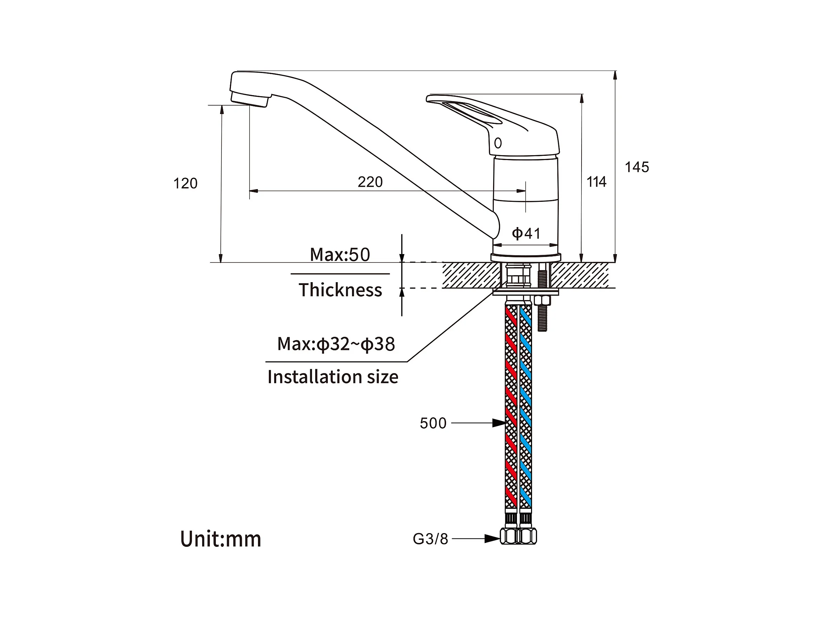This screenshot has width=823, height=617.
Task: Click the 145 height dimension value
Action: coord(637,167)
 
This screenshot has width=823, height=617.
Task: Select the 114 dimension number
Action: coord(596,182)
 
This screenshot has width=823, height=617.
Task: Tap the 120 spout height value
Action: coord(185,184)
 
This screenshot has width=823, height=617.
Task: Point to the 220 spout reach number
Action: coord(370,182)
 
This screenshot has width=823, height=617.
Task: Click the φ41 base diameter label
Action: coord(526,233)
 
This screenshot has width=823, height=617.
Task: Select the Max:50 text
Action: coord(340,255)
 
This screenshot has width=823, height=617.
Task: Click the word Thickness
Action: coord(340,290)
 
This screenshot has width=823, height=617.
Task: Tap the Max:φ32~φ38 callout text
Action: coord(336,344)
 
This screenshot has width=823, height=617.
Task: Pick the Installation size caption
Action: coord(333,377)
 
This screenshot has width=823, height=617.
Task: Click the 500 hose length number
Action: coord(433,424)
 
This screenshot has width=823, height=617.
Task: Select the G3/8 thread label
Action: coord(431,539)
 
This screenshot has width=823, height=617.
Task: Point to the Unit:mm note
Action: coord(221,539)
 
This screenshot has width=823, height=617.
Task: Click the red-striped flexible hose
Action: coord(511,407)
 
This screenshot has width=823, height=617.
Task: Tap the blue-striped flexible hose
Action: coord(525,407)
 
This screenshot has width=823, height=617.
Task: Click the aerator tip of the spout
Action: coord(250,99)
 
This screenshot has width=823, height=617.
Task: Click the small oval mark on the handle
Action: coord(498,143)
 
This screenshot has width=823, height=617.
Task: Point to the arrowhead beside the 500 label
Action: coord(499,423)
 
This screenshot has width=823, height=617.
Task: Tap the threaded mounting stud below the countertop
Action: coord(543,313)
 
